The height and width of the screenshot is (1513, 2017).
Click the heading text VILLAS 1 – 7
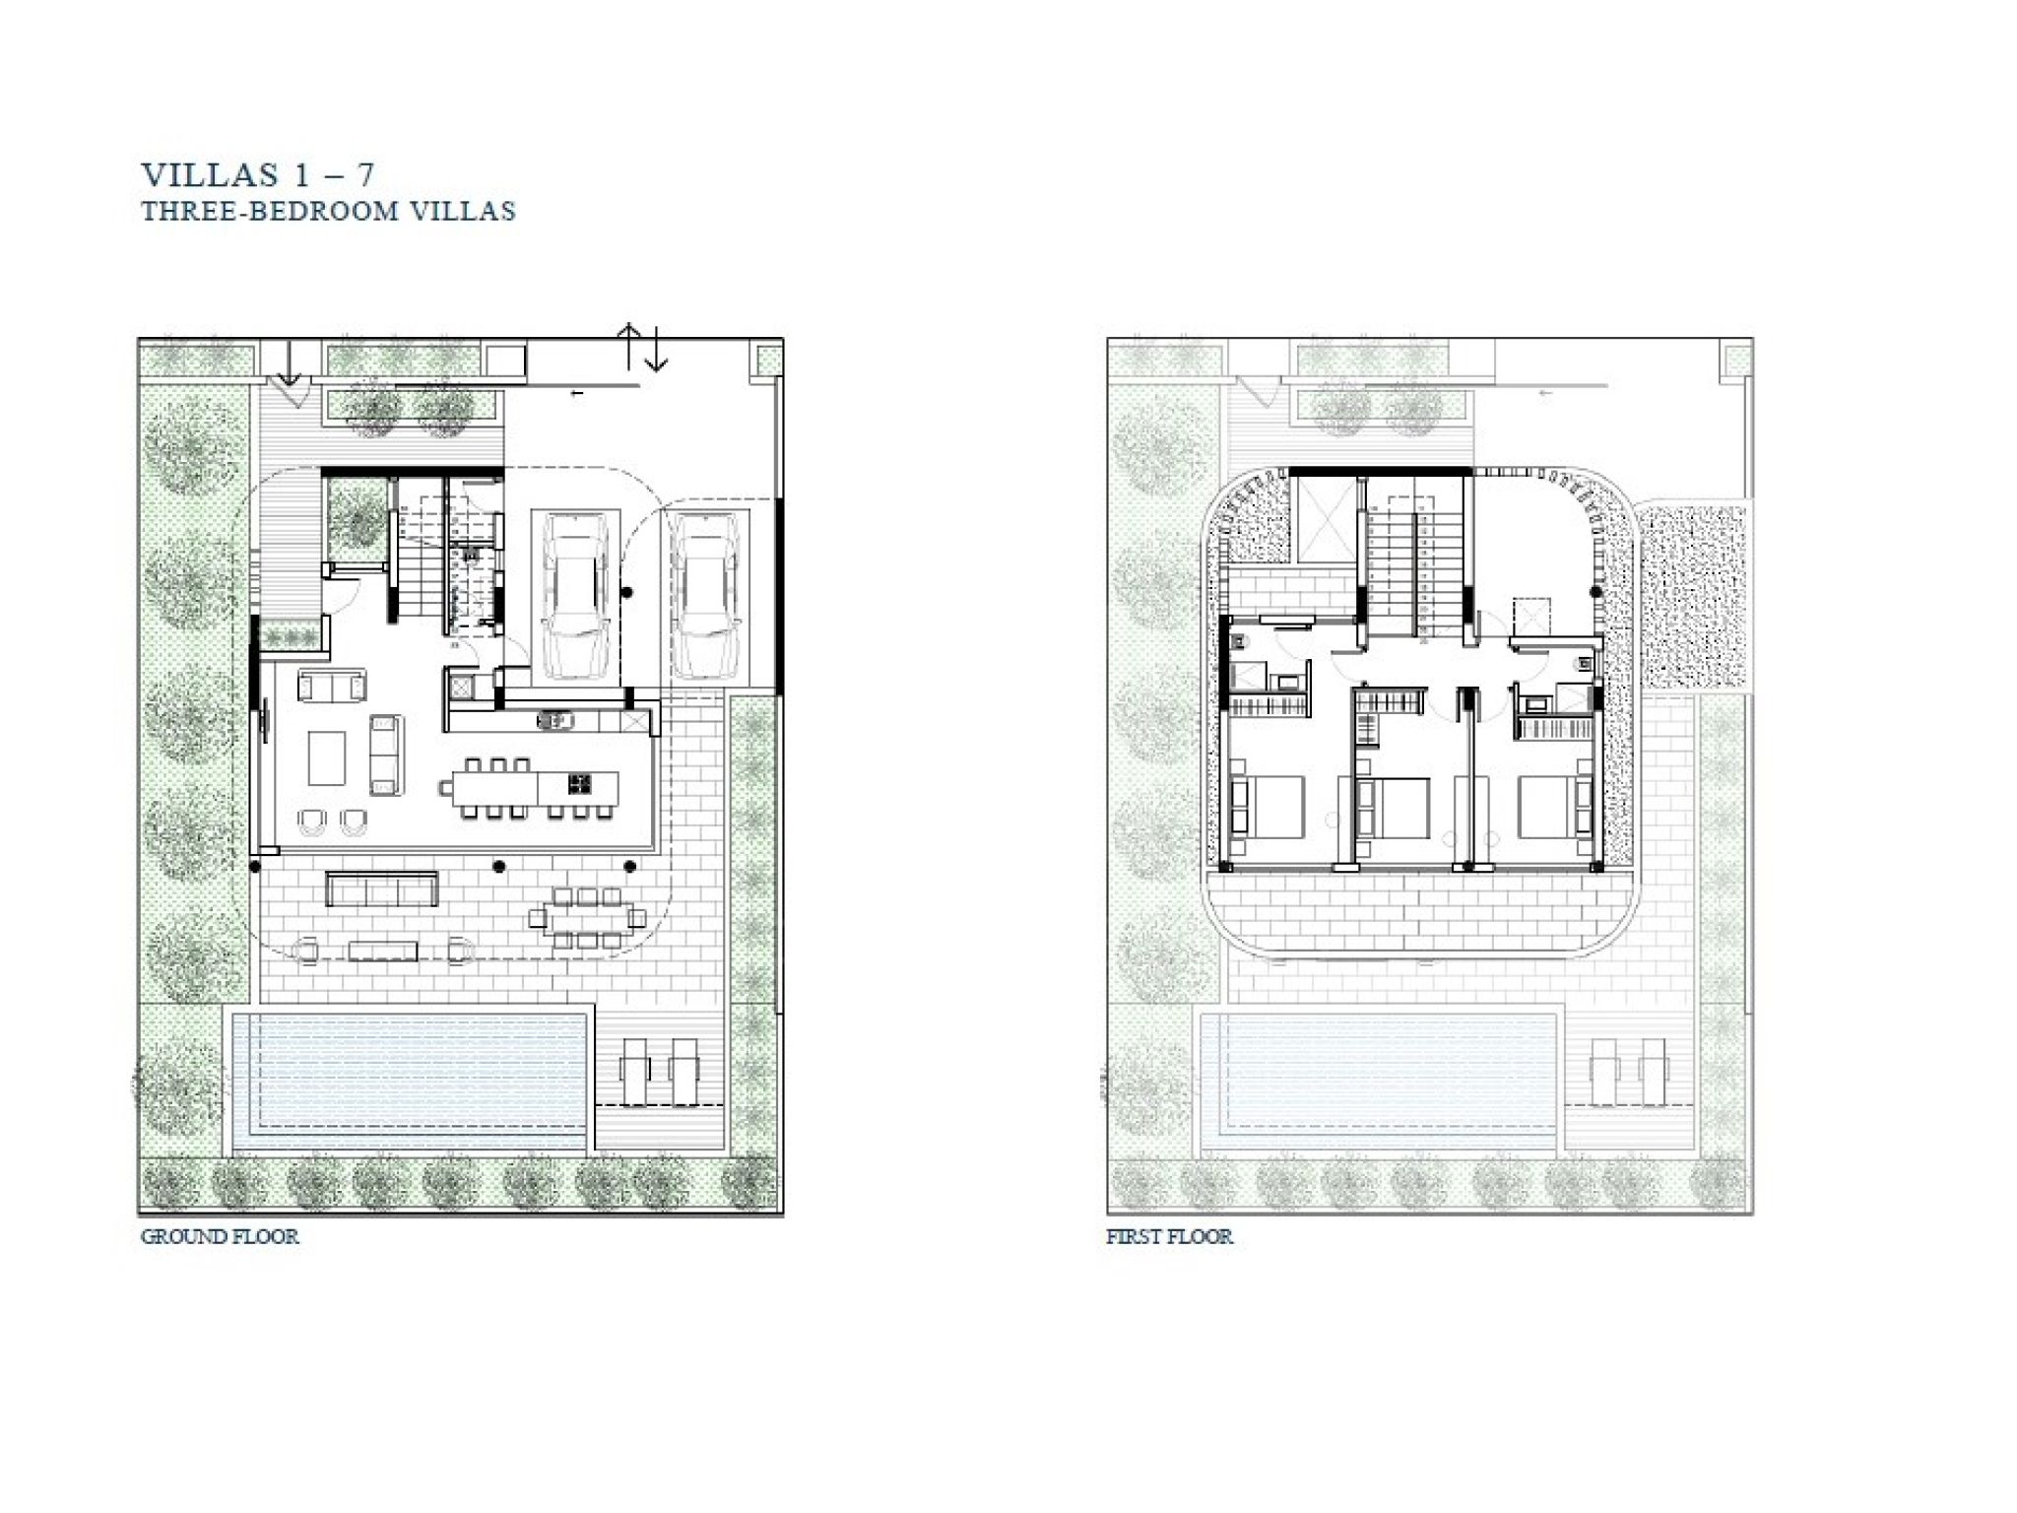point(258,174)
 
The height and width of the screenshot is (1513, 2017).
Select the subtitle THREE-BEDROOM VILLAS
point(328,211)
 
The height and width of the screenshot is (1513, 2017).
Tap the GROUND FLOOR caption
point(220,1236)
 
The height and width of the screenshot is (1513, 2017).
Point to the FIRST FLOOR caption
point(1169,1236)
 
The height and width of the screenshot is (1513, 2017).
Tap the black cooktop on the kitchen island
point(579,784)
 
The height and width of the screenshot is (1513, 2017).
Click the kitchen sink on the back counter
point(555,721)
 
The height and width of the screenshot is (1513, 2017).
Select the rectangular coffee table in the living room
point(327,757)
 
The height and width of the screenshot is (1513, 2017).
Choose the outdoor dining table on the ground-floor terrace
point(587,918)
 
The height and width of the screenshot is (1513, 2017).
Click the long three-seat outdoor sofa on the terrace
point(382,888)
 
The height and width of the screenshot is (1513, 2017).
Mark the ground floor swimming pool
point(412,1081)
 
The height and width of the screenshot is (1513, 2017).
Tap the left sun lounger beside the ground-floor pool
point(636,1073)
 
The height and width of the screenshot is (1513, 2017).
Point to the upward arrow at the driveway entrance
point(628,346)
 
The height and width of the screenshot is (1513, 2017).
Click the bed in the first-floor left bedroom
point(1268,808)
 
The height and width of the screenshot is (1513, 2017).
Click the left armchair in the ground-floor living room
point(312,821)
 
